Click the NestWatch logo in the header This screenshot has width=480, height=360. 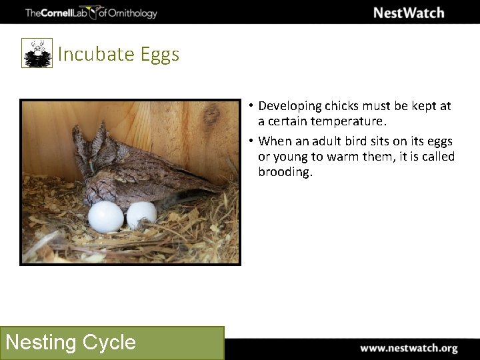coord(408,13)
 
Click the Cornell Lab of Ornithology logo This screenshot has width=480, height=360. coord(91,13)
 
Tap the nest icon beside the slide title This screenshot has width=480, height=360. coord(37,53)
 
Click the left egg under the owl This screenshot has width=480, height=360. coord(106,217)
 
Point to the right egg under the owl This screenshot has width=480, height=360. coord(142,215)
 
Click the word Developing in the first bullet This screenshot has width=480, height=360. coord(290,106)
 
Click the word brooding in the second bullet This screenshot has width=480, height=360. coord(285,172)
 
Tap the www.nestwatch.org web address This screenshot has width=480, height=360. coord(409,348)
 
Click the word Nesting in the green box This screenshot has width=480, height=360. coord(41,343)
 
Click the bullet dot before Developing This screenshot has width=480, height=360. coord(250,106)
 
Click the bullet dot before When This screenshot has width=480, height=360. coord(250,141)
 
